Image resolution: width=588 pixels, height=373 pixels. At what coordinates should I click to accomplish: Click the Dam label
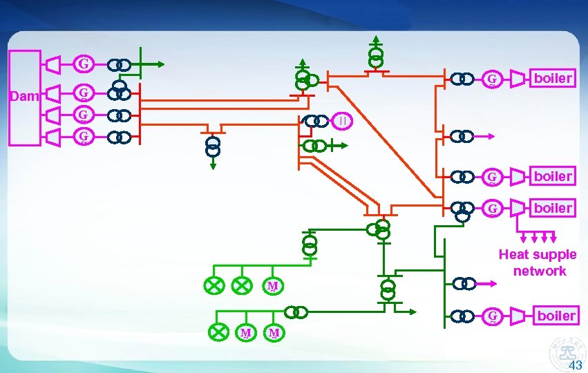pos(26,97)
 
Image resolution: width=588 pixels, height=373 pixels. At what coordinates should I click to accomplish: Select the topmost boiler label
pos(553,78)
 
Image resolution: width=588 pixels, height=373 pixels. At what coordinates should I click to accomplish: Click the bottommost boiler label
pos(556,316)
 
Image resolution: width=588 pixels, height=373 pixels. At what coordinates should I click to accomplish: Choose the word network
pos(539,271)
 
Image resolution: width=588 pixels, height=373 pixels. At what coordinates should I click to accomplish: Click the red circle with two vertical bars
pos(343,121)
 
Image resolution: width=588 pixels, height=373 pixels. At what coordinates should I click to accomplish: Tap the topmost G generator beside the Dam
pos(83,64)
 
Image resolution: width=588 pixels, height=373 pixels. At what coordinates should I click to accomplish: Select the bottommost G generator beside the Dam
pos(83,137)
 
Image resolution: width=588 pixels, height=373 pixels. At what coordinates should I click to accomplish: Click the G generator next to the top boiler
pos(492,79)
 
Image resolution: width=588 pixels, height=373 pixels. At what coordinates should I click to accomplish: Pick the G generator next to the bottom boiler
pos(492,316)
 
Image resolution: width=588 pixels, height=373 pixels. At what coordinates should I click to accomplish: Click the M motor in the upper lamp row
pos(273,285)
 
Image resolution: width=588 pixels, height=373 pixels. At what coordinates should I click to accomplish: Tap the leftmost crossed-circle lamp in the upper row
pos(214,285)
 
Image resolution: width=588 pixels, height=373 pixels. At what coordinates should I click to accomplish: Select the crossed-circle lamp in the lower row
pos(219,333)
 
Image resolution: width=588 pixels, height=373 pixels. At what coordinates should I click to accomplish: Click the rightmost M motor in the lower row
pos(274,333)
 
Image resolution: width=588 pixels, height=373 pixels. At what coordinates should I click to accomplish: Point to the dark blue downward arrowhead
pos(214,166)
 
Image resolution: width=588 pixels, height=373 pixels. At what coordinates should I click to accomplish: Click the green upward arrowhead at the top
pos(375,39)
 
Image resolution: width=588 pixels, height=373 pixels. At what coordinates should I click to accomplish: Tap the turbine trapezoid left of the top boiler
pos(518,79)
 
